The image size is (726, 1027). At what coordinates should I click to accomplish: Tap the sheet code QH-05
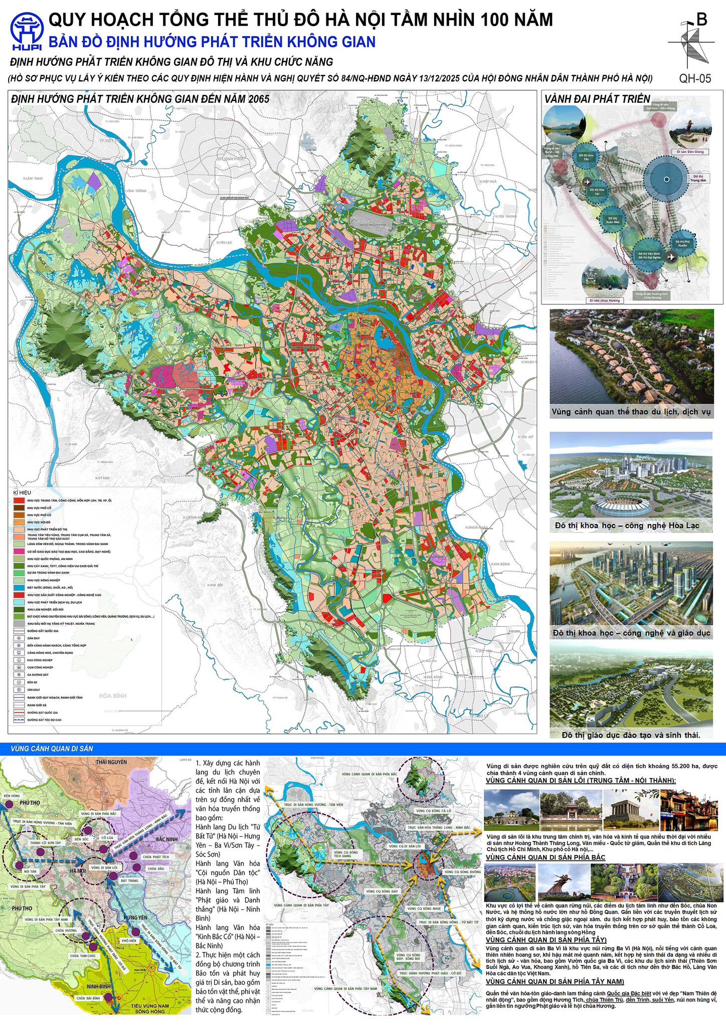(695, 78)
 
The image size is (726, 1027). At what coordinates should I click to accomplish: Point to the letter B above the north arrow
(702, 19)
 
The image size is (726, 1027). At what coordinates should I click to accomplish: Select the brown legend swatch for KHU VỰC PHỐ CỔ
(19, 508)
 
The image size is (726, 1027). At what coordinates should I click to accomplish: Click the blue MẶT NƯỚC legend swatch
(19, 587)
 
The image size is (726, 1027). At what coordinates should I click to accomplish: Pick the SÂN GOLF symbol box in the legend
(19, 690)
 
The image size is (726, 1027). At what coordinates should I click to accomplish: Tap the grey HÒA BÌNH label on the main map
(112, 696)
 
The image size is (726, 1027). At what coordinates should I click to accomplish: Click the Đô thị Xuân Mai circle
(612, 219)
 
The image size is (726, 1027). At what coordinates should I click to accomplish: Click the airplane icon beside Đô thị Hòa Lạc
(587, 182)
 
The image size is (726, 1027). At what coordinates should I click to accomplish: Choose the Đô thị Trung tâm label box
(697, 178)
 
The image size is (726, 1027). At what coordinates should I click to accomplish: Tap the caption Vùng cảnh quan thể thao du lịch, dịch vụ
(631, 412)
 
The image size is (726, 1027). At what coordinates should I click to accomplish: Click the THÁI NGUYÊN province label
(111, 762)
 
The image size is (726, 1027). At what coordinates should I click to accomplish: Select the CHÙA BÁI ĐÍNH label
(88, 999)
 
